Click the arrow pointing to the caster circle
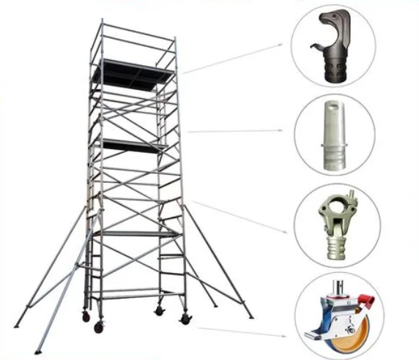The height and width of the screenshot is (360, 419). point(242,331)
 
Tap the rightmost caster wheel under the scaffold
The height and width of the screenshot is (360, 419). point(185,318)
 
